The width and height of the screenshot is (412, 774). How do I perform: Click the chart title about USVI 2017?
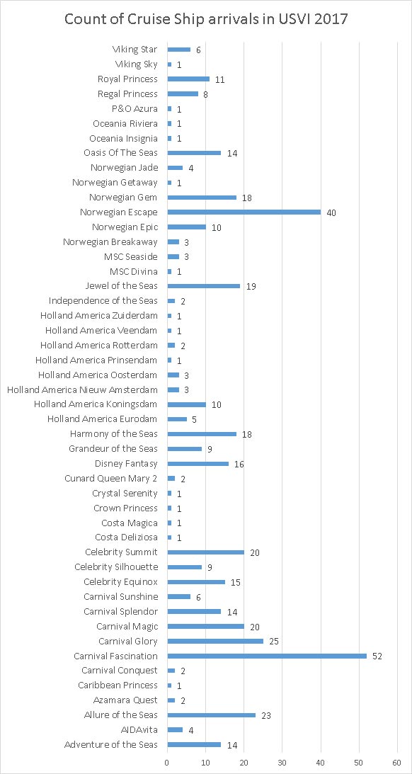(x=206, y=20)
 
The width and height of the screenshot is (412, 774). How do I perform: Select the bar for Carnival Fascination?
(x=267, y=656)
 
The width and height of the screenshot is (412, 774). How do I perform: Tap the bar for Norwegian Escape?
(x=244, y=212)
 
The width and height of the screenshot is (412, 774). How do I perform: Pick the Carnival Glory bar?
(x=216, y=641)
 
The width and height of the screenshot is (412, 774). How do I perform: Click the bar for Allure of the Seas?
(x=212, y=715)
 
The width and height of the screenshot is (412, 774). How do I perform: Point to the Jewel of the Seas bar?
(x=204, y=286)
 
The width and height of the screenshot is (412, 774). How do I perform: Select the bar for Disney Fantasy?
(x=198, y=464)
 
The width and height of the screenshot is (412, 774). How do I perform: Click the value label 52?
(x=378, y=656)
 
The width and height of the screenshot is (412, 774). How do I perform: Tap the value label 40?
(x=332, y=212)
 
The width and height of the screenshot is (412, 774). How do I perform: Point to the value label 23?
(x=267, y=716)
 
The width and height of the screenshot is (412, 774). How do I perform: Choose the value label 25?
(x=275, y=642)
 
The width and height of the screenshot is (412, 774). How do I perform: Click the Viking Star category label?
(x=135, y=50)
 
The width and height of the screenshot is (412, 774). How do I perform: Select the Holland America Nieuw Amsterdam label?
(x=82, y=390)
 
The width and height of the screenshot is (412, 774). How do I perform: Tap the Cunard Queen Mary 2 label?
(x=111, y=478)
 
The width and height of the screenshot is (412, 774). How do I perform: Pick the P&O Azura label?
(x=135, y=108)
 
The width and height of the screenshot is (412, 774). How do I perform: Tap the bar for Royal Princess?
(x=188, y=79)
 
